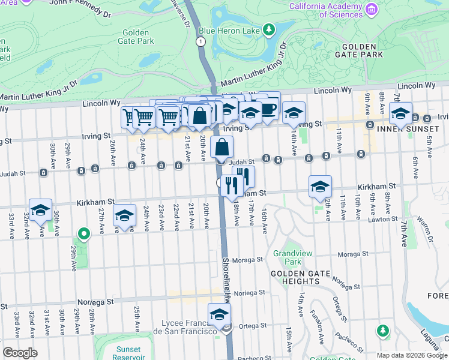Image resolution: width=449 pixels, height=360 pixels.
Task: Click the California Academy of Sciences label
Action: (x=325, y=10)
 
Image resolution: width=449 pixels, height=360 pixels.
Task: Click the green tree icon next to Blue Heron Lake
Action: (x=270, y=29)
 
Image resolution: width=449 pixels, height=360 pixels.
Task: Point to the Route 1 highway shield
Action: (x=200, y=41)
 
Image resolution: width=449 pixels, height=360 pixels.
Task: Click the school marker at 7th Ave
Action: (x=400, y=113)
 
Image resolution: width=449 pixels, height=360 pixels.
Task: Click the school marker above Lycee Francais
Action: (x=220, y=314)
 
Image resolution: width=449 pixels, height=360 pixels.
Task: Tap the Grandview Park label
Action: (x=292, y=257)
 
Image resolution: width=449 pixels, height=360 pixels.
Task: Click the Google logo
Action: (x=20, y=353)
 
